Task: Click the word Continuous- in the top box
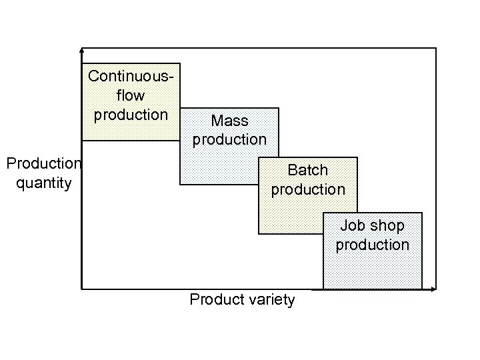131,77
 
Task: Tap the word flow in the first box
131,95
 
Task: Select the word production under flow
131,115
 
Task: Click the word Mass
229,121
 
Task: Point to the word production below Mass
229,139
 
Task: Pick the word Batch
308,170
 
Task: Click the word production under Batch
308,189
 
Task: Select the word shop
387,226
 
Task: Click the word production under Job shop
373,245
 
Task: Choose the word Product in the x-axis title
215,300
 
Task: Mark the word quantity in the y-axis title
43,183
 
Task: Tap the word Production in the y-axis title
43,164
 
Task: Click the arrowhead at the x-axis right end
433,289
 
